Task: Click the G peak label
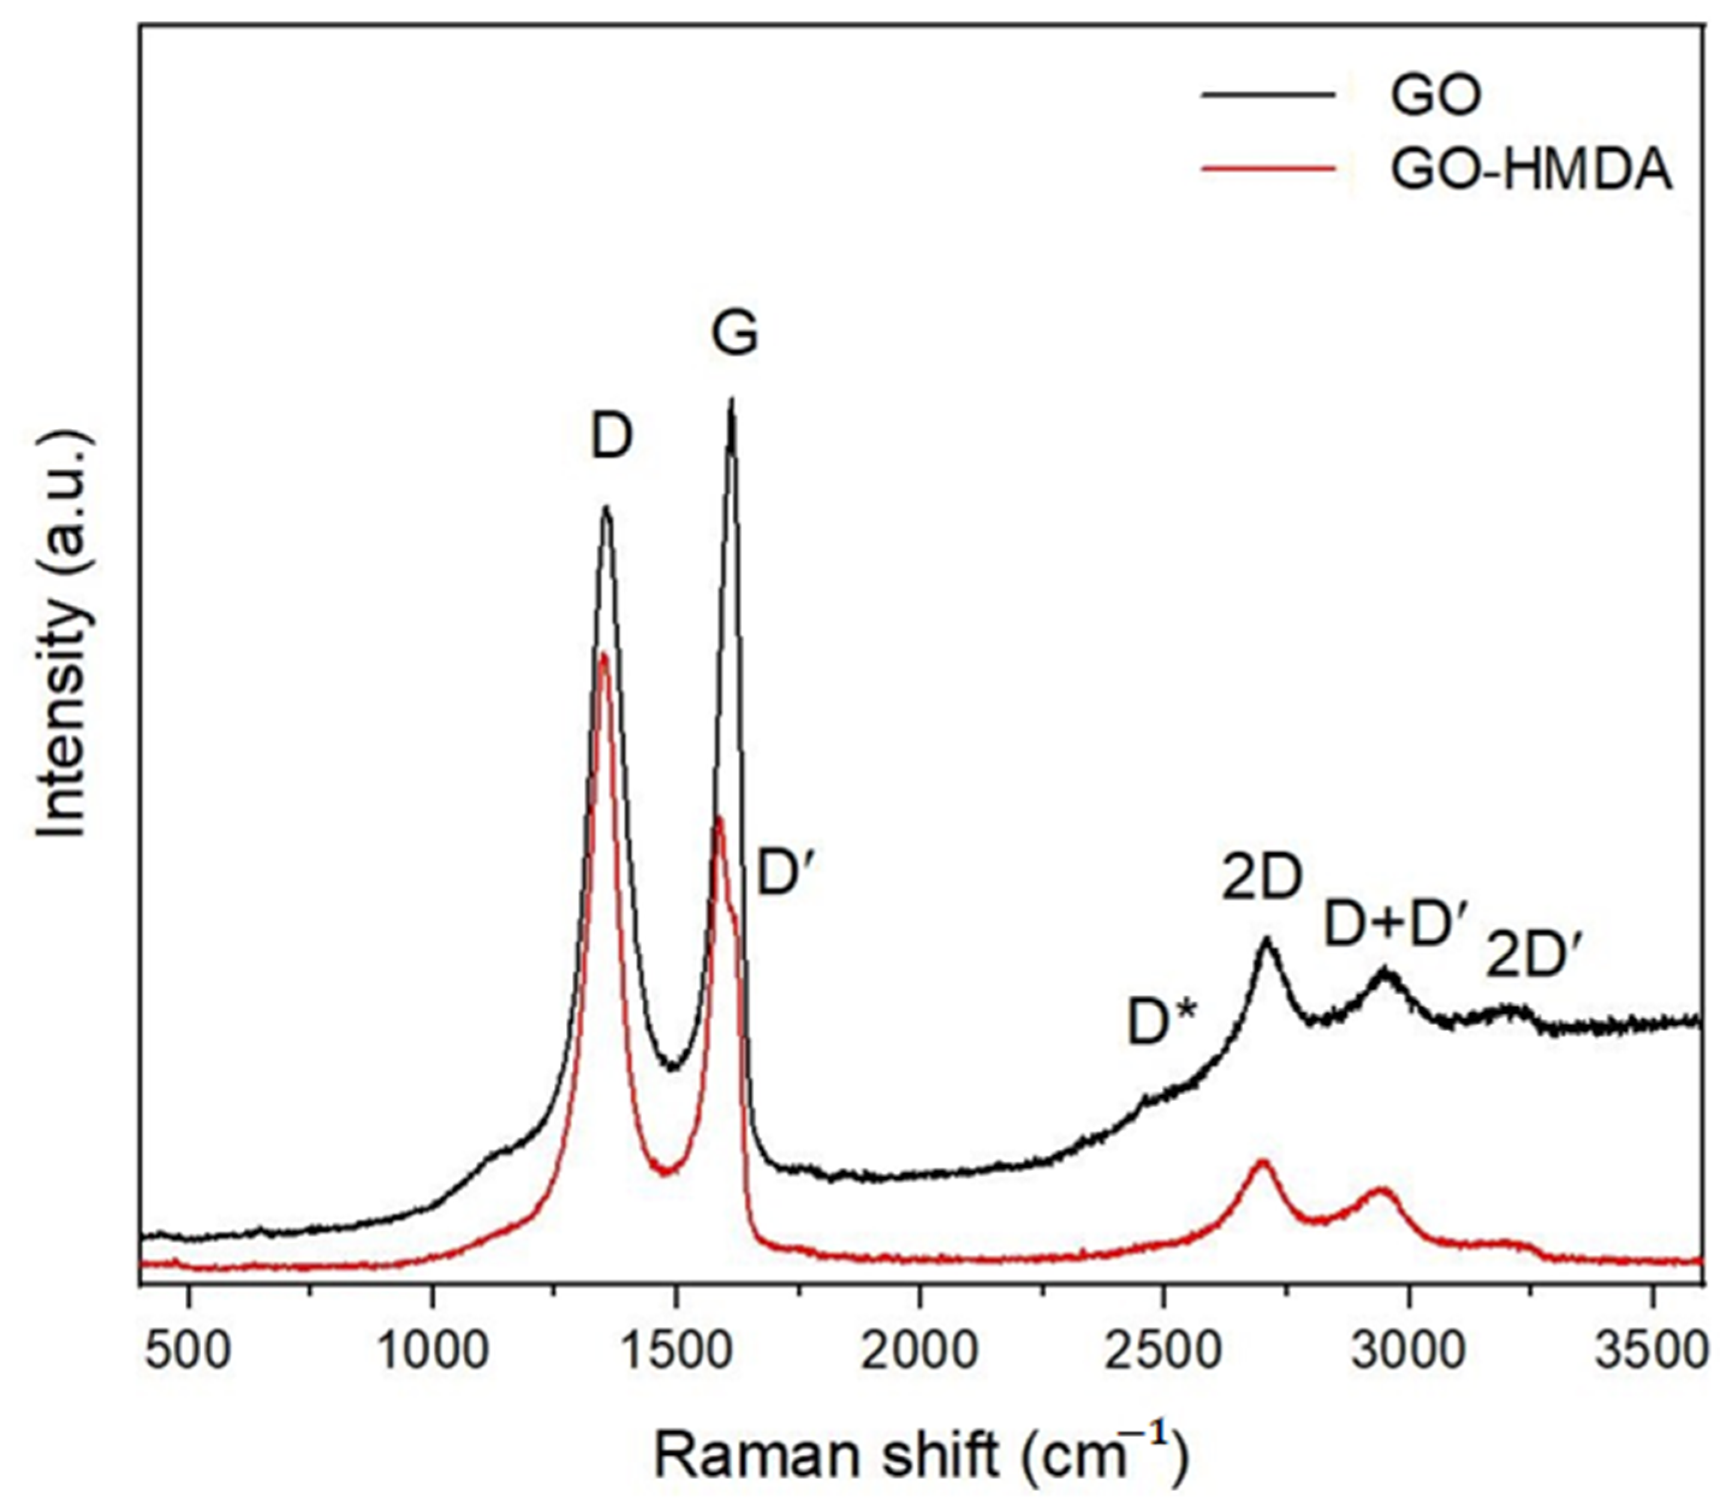pyautogui.click(x=734, y=334)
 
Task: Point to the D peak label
pyautogui.click(x=611, y=438)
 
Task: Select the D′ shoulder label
pyautogui.click(x=788, y=874)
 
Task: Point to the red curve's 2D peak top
pyautogui.click(x=1262, y=1163)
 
